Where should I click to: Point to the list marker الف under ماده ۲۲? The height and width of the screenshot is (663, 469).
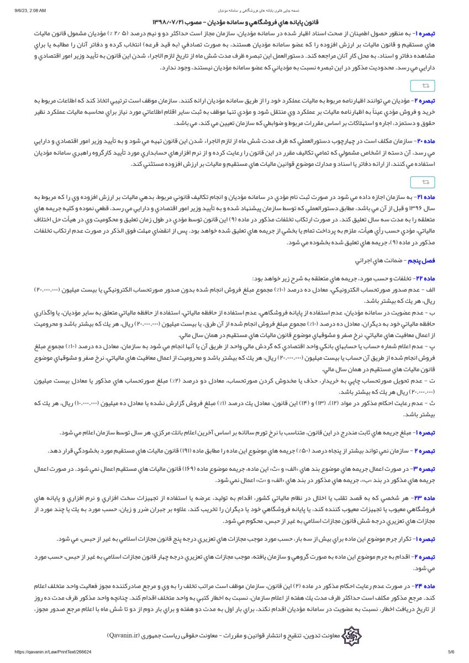point(431,290)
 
